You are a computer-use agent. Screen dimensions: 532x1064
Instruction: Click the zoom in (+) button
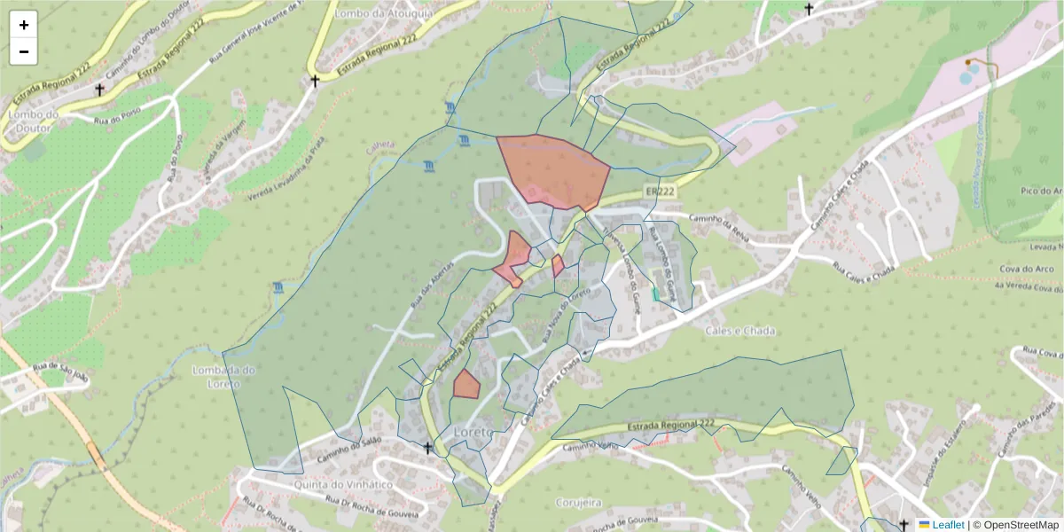pyautogui.click(x=24, y=25)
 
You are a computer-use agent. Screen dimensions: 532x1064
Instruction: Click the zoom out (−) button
pyautogui.click(x=24, y=51)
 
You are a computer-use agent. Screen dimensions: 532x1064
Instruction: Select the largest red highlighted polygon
pyautogui.click(x=552, y=170)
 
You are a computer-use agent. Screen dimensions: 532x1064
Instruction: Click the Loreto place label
pyautogui.click(x=473, y=432)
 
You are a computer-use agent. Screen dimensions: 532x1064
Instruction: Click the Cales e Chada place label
pyautogui.click(x=740, y=331)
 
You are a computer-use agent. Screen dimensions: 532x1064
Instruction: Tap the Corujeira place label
pyautogui.click(x=578, y=503)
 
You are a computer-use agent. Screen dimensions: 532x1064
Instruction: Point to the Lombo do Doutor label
pyautogui.click(x=32, y=121)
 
